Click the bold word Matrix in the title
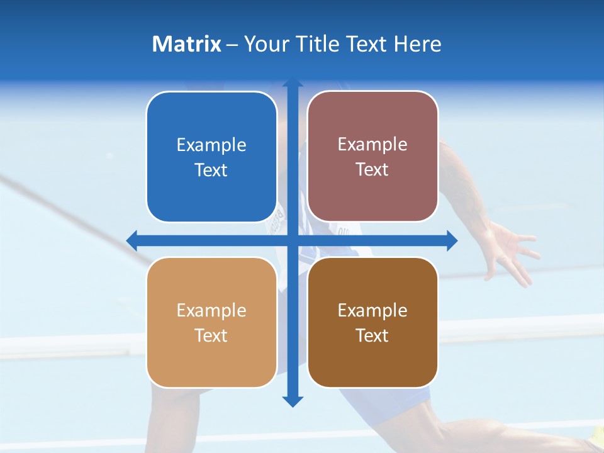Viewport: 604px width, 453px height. (x=187, y=44)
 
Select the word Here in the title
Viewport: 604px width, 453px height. (x=418, y=44)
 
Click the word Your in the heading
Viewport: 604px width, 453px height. (x=264, y=44)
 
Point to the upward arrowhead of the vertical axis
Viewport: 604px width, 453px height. (x=293, y=84)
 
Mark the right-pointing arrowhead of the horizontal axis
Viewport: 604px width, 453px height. (x=451, y=240)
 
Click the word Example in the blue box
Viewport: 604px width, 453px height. (x=211, y=145)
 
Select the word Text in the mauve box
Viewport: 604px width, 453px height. (x=372, y=170)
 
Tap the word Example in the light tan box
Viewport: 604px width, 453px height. (x=211, y=310)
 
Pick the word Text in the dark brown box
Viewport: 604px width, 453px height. (x=372, y=335)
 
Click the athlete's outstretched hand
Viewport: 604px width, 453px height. (x=513, y=252)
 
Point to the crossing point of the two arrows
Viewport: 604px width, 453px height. (x=293, y=240)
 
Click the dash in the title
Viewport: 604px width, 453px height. (x=232, y=45)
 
